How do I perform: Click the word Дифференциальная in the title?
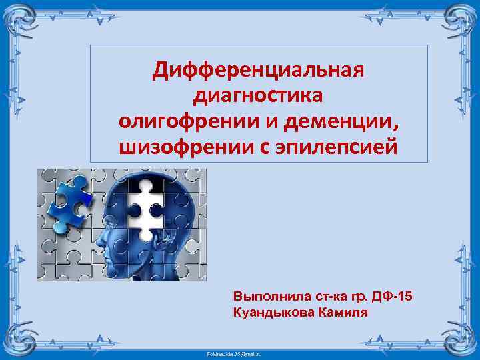258,69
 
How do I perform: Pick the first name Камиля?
344,311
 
